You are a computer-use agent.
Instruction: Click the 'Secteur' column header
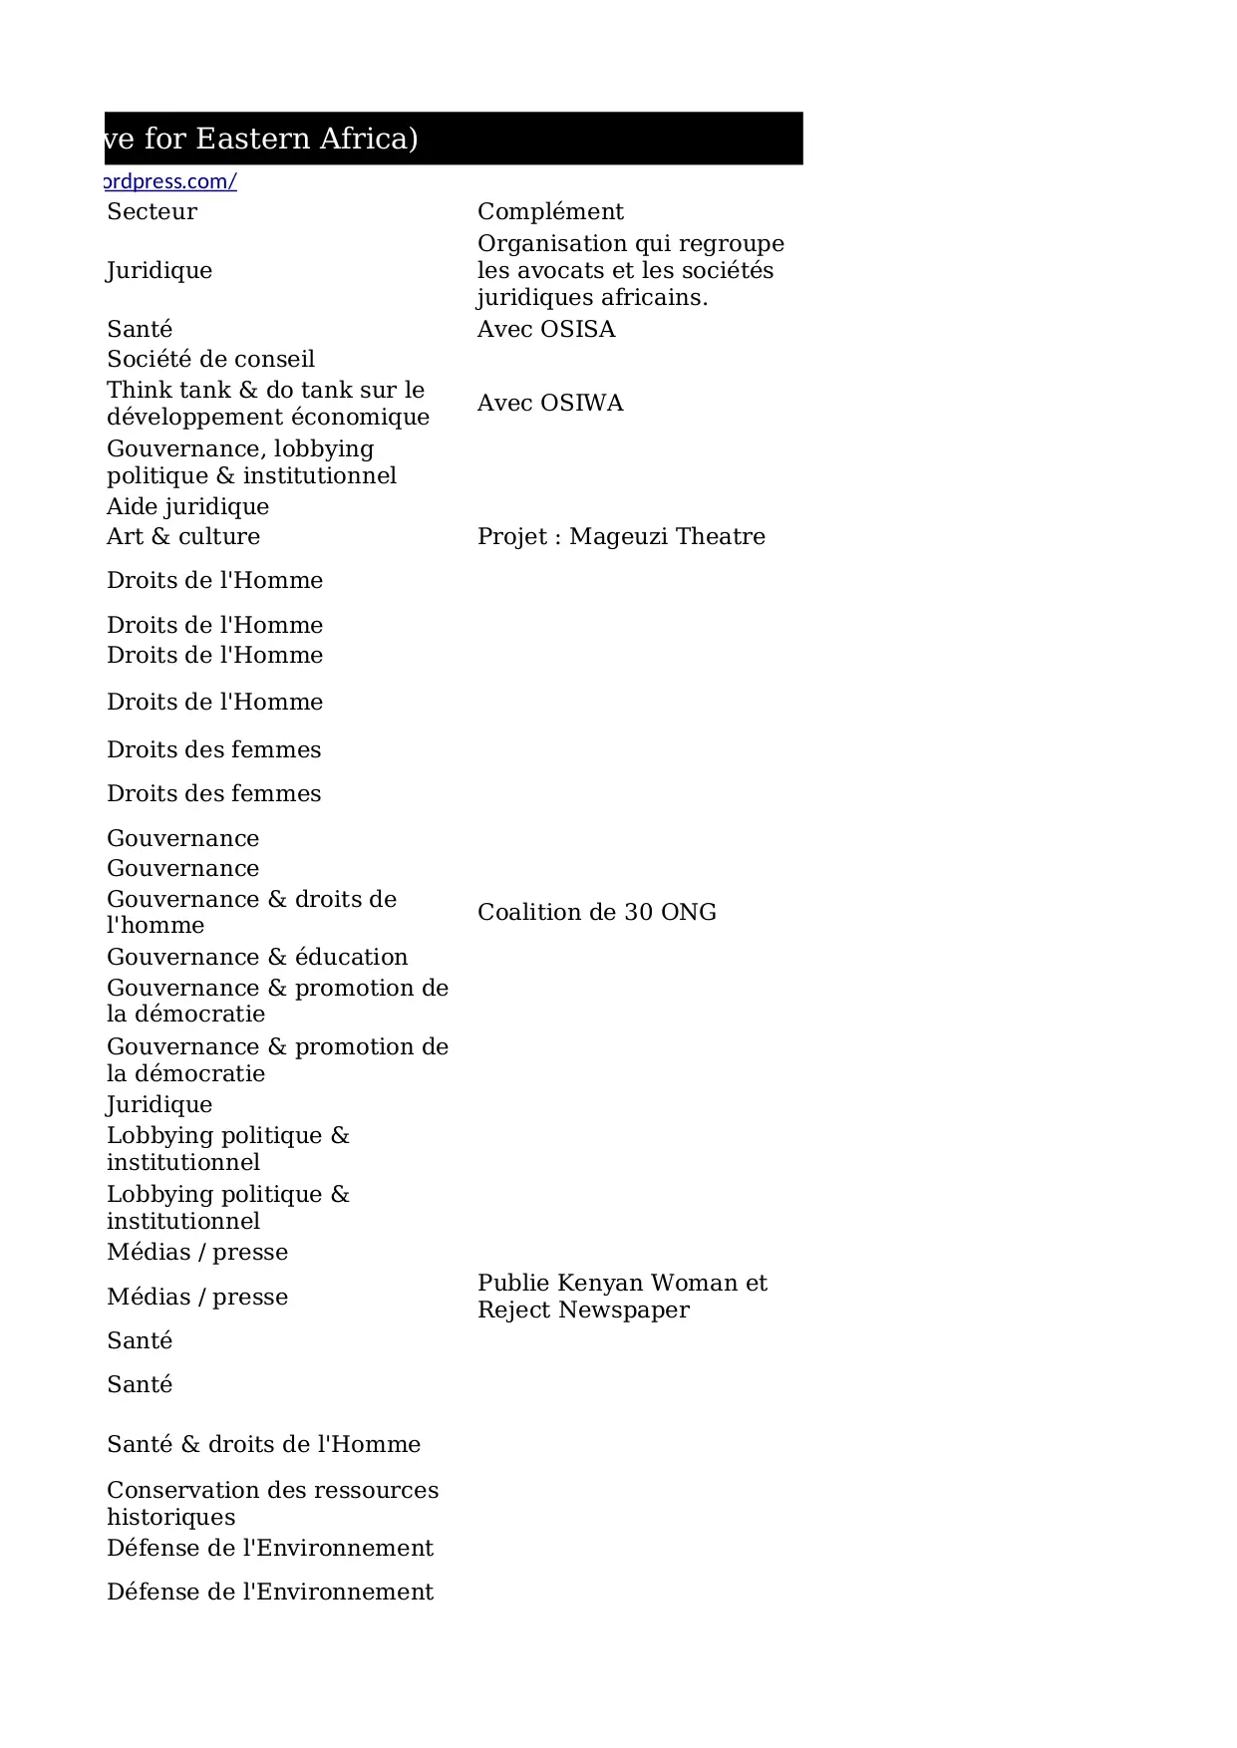pos(152,211)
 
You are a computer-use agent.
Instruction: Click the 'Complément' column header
pos(550,211)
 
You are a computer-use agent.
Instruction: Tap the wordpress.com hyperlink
pos(170,181)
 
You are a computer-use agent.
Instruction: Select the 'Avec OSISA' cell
pos(546,329)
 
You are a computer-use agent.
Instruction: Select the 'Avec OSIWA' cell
pos(550,403)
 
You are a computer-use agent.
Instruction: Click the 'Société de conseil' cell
pos(210,359)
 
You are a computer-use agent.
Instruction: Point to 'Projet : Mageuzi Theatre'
pos(621,536)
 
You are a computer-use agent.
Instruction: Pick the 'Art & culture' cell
pos(183,536)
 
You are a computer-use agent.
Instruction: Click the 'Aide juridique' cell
pos(187,506)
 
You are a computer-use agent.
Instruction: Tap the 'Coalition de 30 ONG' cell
pos(596,912)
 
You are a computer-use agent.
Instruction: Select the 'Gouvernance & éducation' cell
pos(257,957)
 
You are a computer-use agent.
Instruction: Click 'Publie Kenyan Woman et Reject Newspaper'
pos(622,1296)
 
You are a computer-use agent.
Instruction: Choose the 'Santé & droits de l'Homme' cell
pos(263,1444)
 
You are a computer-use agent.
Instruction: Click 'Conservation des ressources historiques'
pos(272,1503)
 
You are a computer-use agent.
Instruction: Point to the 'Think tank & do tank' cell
pos(267,403)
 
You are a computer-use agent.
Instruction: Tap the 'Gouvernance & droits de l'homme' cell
pos(251,912)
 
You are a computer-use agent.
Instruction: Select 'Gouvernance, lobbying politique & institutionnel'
pos(251,461)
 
